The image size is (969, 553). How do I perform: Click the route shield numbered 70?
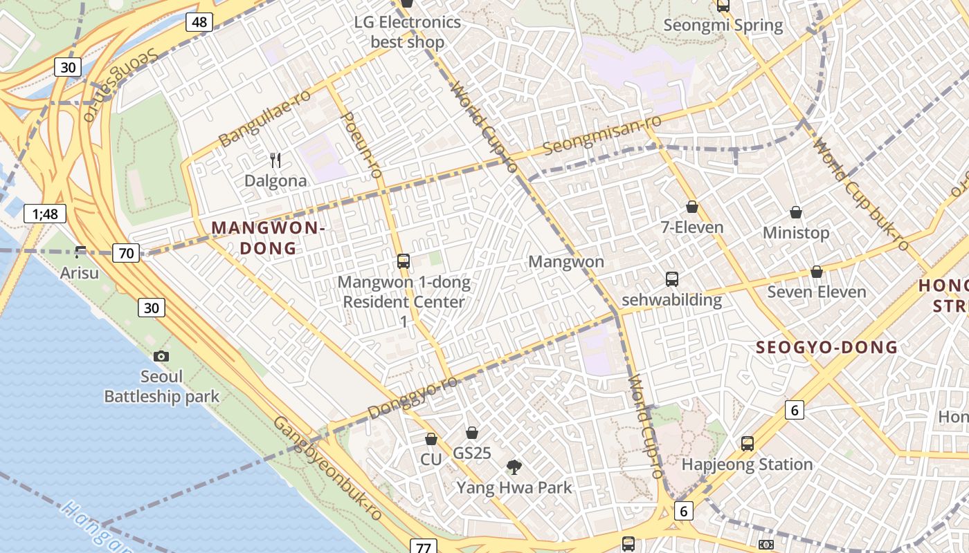tap(126, 253)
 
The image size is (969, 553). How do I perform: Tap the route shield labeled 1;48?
tap(45, 214)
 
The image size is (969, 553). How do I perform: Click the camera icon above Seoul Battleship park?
tap(161, 356)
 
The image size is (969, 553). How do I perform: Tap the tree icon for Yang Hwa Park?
tap(514, 467)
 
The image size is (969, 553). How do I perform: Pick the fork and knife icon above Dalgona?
tap(275, 160)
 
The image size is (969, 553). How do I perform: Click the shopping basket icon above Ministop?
tap(796, 212)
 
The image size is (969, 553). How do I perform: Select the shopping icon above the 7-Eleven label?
tap(691, 207)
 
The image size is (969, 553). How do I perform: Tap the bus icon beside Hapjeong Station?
tap(747, 443)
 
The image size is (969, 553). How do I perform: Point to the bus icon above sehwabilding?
tap(671, 279)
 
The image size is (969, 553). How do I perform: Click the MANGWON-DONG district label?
tap(268, 237)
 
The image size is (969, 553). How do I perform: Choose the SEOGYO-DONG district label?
tap(826, 347)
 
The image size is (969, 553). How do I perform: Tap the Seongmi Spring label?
tap(723, 26)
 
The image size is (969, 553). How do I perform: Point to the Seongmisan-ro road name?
tap(601, 135)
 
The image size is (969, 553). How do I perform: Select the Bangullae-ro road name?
tap(264, 118)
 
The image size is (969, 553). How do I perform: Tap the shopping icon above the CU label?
tap(431, 439)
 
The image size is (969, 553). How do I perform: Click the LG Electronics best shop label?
tap(407, 32)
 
